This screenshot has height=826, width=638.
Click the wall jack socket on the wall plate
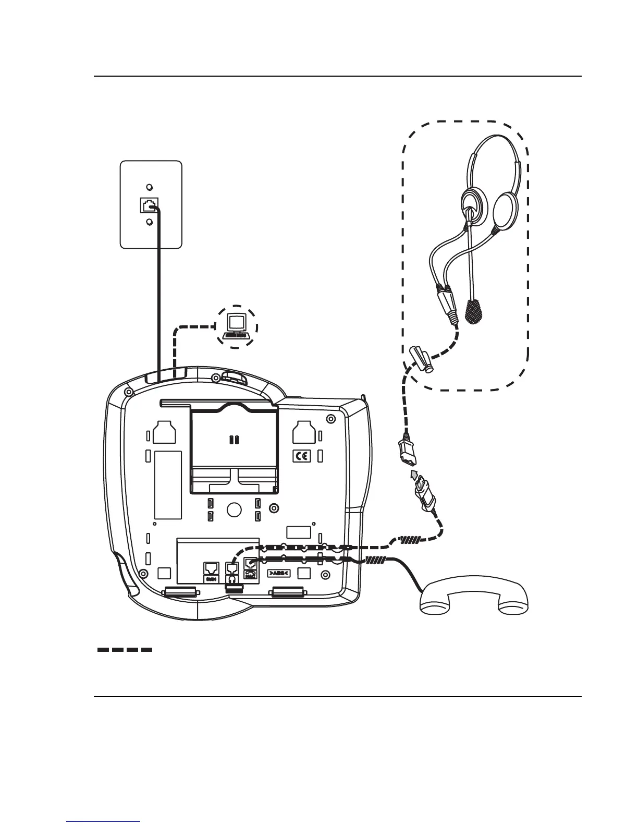[149, 204]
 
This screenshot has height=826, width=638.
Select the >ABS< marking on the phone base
[279, 573]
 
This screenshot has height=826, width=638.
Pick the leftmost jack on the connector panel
[211, 568]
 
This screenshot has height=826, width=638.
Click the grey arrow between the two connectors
[414, 474]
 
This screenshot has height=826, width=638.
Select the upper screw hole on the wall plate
[150, 187]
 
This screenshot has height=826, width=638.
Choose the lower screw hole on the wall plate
[150, 222]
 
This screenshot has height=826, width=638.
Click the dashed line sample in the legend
[125, 650]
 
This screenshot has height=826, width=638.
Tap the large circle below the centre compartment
[234, 509]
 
